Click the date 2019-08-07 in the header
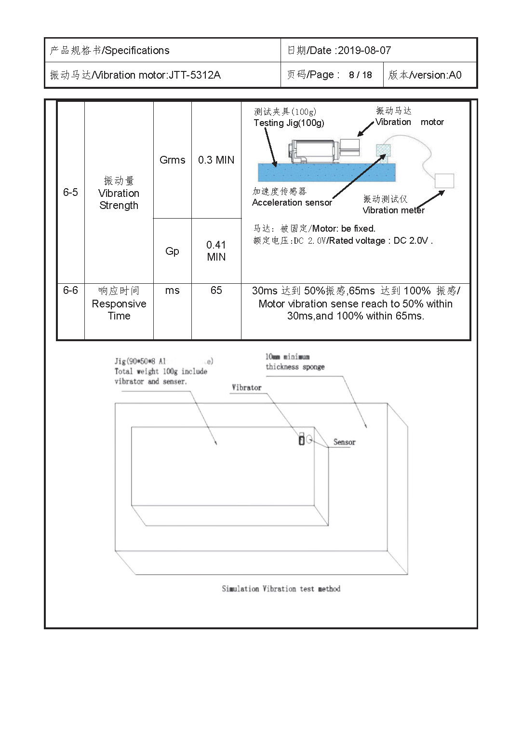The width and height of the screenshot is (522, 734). [364, 51]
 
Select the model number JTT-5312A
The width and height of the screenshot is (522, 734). [195, 75]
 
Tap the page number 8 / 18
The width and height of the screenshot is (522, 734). [361, 75]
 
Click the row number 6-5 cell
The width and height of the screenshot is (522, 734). [70, 193]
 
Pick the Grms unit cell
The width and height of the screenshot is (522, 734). [172, 160]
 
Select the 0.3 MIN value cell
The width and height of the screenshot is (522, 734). [216, 160]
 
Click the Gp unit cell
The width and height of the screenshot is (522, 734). [172, 251]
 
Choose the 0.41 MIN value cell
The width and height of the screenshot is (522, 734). [216, 251]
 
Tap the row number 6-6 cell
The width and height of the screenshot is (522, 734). [70, 291]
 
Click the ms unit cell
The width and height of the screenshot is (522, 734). [172, 291]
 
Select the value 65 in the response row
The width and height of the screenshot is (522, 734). [216, 291]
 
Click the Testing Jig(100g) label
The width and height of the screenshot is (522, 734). [289, 123]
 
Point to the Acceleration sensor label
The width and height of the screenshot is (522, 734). [292, 203]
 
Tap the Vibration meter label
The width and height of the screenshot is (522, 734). [393, 210]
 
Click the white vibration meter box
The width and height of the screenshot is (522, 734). [444, 181]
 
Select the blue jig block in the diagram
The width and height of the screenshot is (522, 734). [326, 172]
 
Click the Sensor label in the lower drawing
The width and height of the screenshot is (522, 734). [344, 443]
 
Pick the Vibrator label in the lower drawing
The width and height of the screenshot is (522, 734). [246, 388]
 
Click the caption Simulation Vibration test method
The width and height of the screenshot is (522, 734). [281, 589]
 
